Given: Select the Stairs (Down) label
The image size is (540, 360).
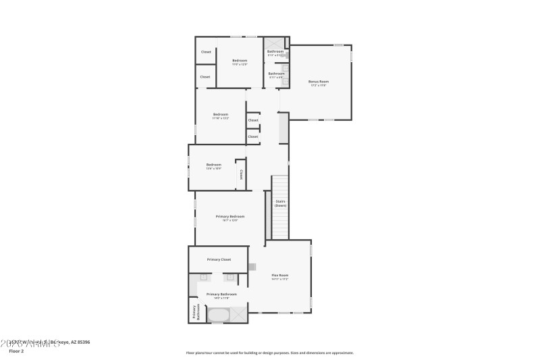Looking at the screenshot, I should point(280,203).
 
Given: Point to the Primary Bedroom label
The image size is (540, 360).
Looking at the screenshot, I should point(230,217).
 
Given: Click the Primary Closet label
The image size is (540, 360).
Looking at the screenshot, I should point(219,259).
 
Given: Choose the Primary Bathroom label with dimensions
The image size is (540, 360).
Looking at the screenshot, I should point(221,295).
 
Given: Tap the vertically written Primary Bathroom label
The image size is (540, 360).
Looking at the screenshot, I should point(195,311).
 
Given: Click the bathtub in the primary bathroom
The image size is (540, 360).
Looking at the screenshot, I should point(218,315).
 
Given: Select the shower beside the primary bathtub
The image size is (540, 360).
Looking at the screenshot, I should point(239,314).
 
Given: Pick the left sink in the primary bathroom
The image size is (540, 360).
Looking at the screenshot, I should point(203,276).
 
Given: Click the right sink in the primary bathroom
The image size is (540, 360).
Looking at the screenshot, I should point(230,276).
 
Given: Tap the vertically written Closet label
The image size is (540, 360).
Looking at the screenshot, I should point(240,175).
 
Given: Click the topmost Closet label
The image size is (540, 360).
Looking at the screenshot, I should point(206,52).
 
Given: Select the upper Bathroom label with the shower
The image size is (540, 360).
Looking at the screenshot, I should point(275,52).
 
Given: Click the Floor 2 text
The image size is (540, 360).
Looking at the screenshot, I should point(16,351).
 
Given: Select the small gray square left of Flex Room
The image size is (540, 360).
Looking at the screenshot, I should point(252,267).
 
